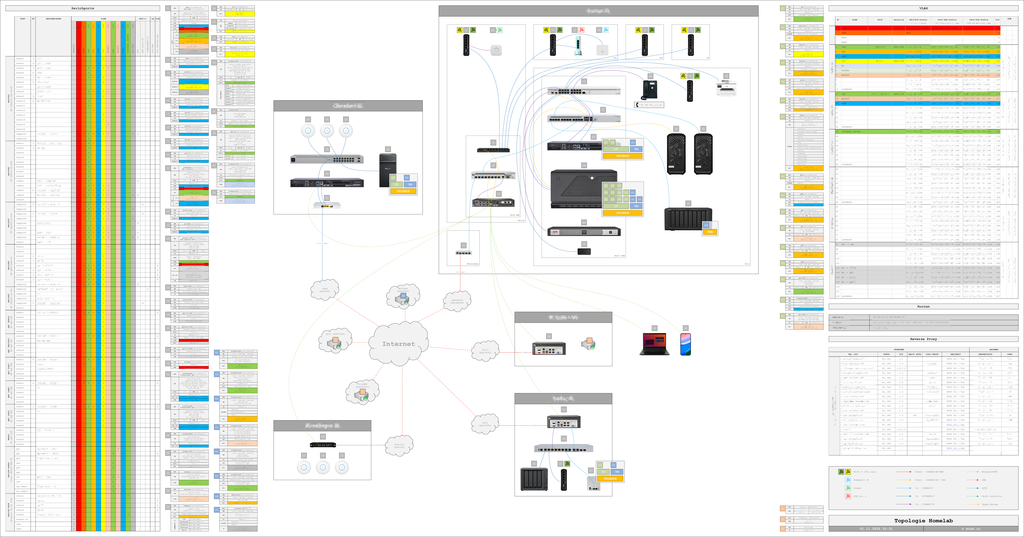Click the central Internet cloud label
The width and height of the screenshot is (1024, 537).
tap(398, 344)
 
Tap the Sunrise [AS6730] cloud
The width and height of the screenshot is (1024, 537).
tap(399, 445)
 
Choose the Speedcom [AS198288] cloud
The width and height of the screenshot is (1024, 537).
tap(457, 301)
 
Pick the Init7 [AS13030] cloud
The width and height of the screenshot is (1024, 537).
tap(485, 351)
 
